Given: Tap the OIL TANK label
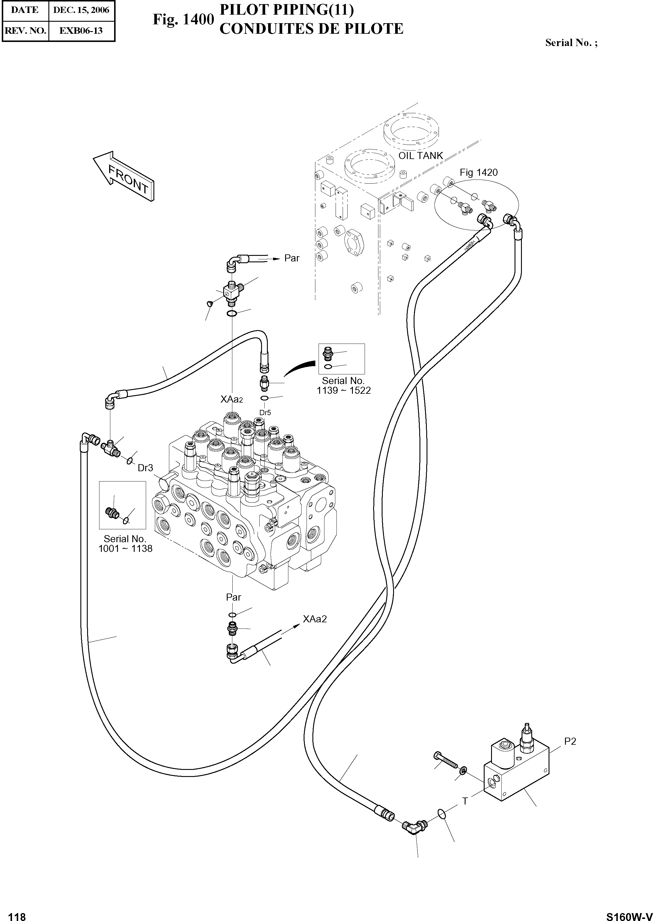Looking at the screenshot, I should [421, 156].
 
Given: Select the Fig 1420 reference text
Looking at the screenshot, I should [478, 173].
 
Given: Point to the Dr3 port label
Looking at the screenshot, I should [145, 468].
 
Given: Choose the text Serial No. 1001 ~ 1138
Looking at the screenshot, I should [125, 544].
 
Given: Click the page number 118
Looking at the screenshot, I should [17, 914].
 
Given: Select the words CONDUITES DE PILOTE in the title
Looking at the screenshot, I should [311, 29].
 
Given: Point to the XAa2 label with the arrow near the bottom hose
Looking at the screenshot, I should [315, 619].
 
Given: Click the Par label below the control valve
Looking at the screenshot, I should [233, 597].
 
